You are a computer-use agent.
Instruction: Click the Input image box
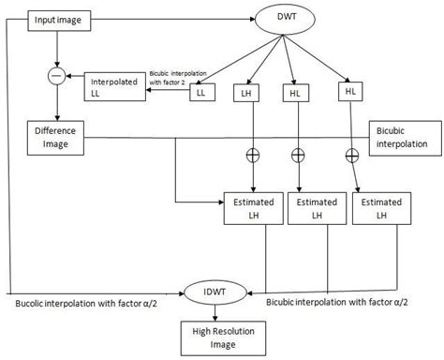[57, 18]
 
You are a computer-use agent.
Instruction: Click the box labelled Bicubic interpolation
[403, 138]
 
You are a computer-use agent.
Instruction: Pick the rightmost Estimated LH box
[381, 207]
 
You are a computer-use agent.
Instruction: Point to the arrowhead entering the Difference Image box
[57, 118]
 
